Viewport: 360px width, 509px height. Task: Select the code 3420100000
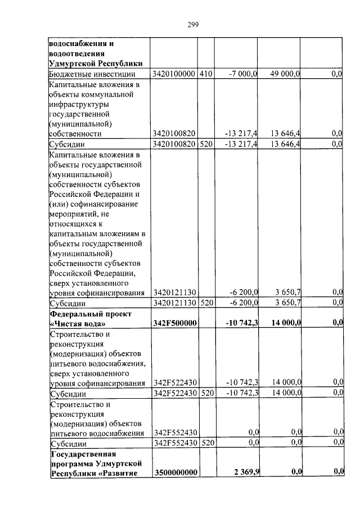[x=174, y=74]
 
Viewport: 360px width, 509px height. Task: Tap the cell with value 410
[x=205, y=74]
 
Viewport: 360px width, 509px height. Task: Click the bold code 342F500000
[x=174, y=323]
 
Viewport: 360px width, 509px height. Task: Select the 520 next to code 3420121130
[x=205, y=303]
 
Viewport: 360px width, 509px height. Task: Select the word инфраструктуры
[x=79, y=104]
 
